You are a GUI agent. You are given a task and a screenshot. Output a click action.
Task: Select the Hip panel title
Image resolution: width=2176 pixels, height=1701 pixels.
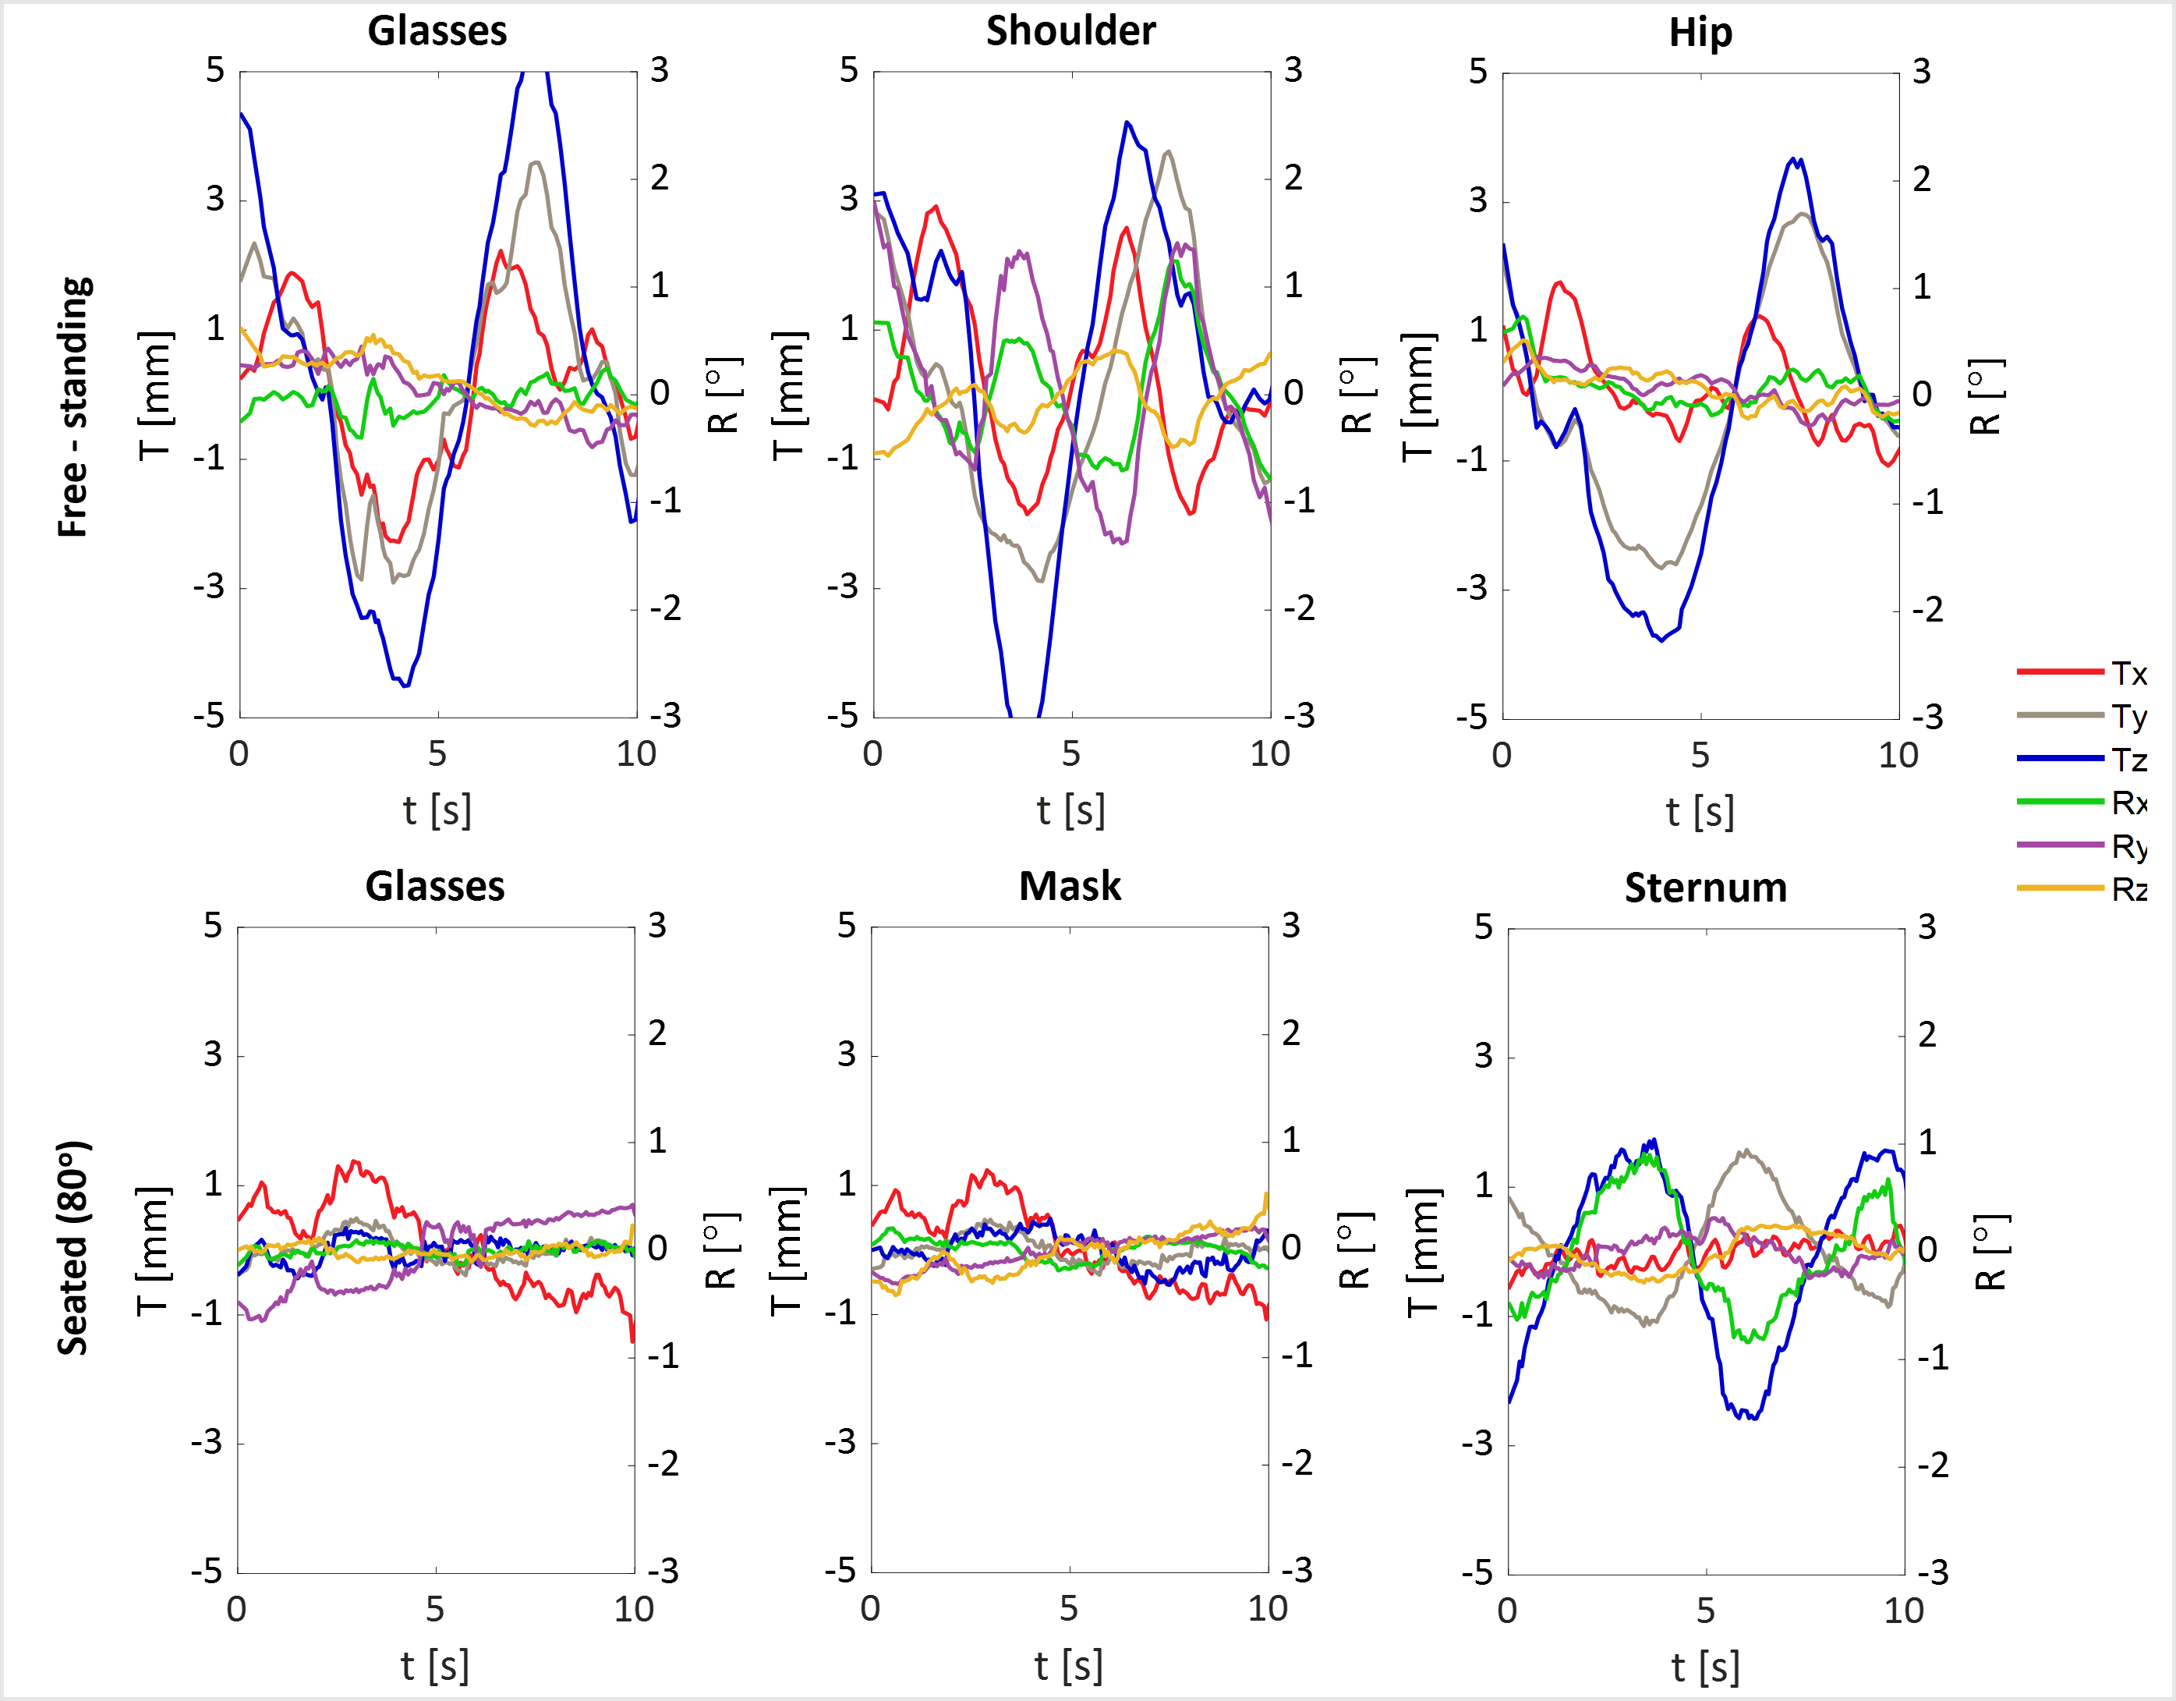(x=1700, y=33)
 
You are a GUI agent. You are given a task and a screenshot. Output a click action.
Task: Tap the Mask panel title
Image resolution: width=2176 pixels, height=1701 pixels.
(x=1069, y=886)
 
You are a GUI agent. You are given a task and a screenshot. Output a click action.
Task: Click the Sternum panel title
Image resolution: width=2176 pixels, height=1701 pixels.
(x=1705, y=888)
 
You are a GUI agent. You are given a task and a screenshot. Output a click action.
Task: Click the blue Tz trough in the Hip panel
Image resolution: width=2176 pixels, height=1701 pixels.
(x=1661, y=640)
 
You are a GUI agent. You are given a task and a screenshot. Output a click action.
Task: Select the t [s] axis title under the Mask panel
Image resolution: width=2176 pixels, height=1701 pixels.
(x=1068, y=1665)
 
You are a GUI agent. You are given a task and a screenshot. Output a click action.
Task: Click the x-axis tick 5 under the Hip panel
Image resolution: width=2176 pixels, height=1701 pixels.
(x=1700, y=755)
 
